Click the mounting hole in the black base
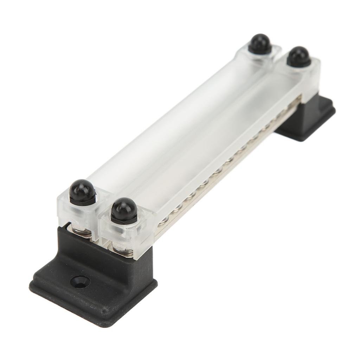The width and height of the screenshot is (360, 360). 79,281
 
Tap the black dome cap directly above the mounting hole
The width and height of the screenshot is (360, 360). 82,192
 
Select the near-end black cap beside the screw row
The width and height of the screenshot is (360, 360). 124,210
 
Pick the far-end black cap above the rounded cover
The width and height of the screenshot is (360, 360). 260,44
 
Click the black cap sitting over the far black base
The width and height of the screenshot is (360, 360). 298,57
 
